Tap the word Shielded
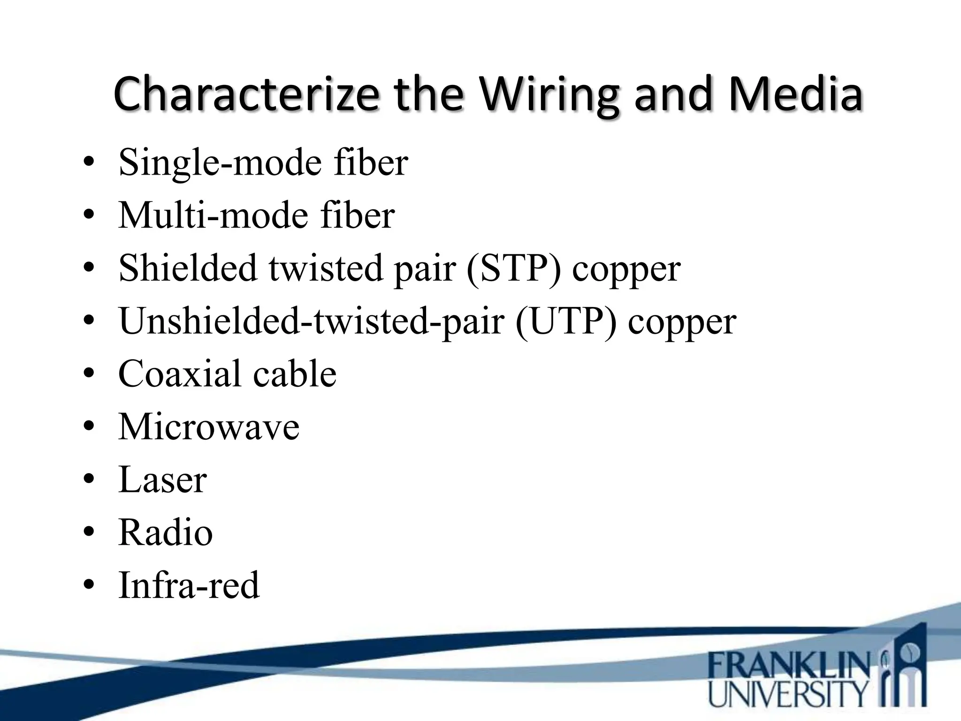(x=188, y=268)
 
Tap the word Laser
(x=162, y=480)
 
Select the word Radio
(x=165, y=533)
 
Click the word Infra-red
(x=189, y=585)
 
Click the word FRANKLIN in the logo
(x=788, y=667)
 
